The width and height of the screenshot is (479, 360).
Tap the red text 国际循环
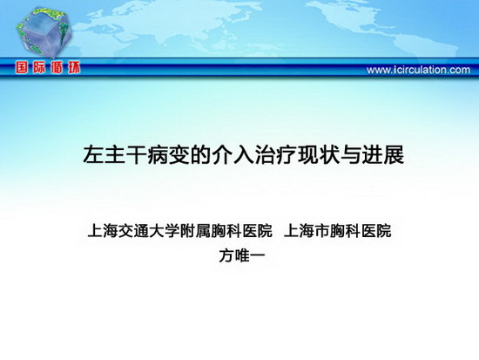click(48, 68)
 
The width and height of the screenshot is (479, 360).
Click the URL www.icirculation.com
click(418, 70)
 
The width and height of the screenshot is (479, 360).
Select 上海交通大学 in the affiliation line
click(133, 231)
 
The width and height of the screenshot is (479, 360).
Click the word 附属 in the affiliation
click(194, 231)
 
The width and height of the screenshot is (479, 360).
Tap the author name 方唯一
click(241, 256)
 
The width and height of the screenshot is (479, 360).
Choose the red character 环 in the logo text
click(73, 68)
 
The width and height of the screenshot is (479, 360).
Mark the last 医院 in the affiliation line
click(376, 231)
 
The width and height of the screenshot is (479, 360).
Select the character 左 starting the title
click(93, 155)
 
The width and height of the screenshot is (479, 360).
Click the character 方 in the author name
click(226, 256)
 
